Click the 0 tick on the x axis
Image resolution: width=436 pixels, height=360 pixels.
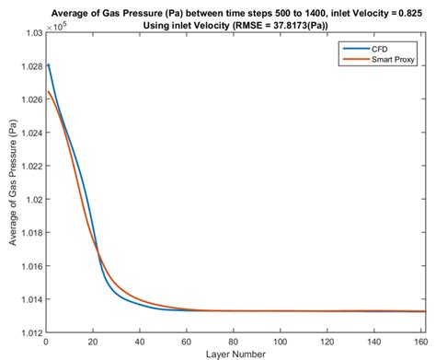[x=46, y=342]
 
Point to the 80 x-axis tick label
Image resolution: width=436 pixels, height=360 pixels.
[x=235, y=342]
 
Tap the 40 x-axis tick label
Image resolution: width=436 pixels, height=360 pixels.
[x=140, y=342]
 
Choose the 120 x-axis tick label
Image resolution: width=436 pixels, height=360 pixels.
[x=328, y=342]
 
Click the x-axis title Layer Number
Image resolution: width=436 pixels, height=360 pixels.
[x=235, y=354]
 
